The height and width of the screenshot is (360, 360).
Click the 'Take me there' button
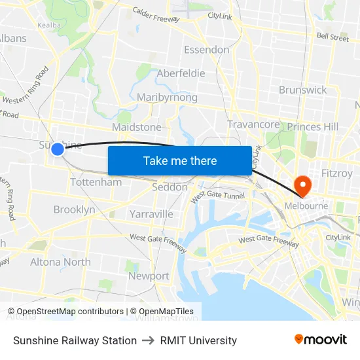[x=179, y=160]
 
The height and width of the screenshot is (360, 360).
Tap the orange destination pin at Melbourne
[x=303, y=186]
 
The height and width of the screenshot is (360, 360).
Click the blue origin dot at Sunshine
[x=58, y=149]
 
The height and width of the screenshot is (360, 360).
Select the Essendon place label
[x=207, y=50]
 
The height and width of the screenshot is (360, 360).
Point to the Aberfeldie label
[x=181, y=73]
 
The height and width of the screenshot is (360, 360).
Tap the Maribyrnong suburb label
[x=167, y=98]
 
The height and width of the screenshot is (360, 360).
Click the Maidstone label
[x=137, y=126]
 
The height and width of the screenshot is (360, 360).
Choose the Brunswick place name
[x=302, y=90]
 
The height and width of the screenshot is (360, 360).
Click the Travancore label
[x=253, y=124]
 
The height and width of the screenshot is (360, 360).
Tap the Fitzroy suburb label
[x=338, y=173]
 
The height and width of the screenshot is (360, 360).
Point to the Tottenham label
[x=96, y=182]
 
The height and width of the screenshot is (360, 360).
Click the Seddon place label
[x=170, y=187]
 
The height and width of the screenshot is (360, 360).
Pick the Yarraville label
[x=151, y=214]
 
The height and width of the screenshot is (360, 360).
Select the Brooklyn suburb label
[x=74, y=209]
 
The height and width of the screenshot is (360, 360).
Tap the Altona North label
[x=60, y=262]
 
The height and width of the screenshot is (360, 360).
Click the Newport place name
[x=149, y=276]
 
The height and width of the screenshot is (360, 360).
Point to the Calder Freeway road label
[x=156, y=14]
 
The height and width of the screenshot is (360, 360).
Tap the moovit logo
[x=321, y=340]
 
